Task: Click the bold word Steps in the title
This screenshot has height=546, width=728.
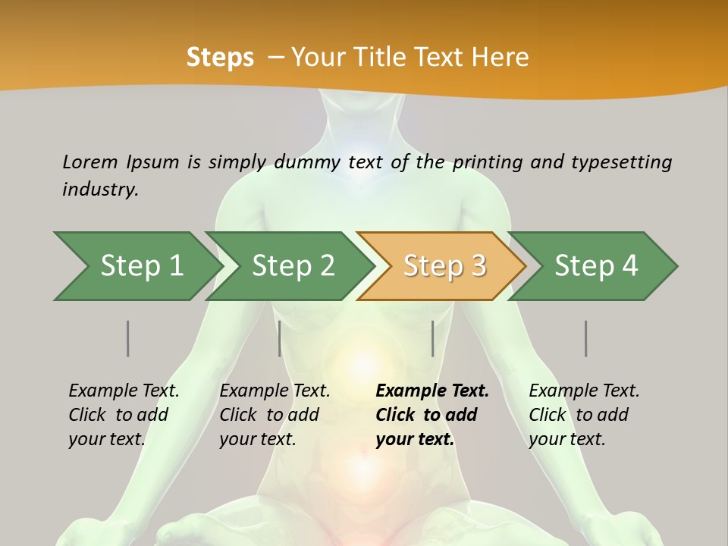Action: [220, 57]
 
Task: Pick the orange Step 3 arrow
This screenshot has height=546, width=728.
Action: [444, 265]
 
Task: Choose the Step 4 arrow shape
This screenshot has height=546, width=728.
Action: [596, 265]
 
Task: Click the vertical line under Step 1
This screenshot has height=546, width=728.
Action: [127, 338]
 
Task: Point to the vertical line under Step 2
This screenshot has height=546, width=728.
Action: [280, 338]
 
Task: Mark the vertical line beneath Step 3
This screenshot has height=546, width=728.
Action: [432, 338]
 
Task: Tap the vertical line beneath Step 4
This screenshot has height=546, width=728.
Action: [585, 338]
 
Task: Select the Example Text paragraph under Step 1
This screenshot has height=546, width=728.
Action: [124, 414]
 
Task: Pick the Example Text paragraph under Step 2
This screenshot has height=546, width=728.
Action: [275, 414]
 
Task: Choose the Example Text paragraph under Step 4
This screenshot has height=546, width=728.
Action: [584, 414]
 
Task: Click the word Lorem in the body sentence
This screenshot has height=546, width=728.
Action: [90, 162]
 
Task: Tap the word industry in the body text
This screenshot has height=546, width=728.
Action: [99, 189]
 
